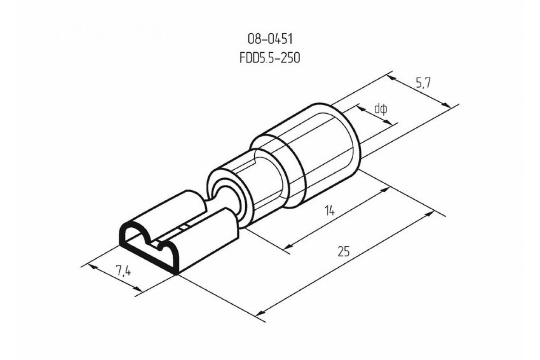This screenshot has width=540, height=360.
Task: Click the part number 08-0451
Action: [x=270, y=39]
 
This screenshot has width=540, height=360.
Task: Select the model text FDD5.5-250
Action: [x=270, y=58]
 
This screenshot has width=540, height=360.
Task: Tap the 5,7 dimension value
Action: [x=423, y=83]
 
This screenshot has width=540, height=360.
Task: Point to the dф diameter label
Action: [x=381, y=109]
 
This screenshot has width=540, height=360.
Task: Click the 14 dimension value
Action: [x=329, y=210]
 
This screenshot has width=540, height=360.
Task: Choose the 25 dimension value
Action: [x=343, y=251]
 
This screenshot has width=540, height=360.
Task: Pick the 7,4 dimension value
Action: [x=123, y=270]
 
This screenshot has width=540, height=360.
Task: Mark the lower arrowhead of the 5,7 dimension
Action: [x=447, y=105]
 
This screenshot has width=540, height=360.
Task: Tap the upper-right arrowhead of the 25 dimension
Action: [x=428, y=214]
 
